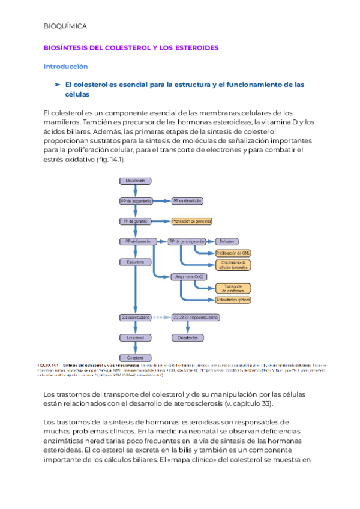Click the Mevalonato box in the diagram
point(136,180)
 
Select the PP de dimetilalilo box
point(187,201)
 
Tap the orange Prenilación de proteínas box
point(191,221)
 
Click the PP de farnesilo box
point(136,241)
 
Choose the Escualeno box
point(136,262)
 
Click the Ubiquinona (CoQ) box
point(189,276)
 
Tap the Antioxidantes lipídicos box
point(233,299)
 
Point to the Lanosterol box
point(136,337)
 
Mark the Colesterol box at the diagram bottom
point(136,358)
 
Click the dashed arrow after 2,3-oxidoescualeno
point(161,317)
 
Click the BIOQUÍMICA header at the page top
point(65,26)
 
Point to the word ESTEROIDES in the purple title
point(199,47)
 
